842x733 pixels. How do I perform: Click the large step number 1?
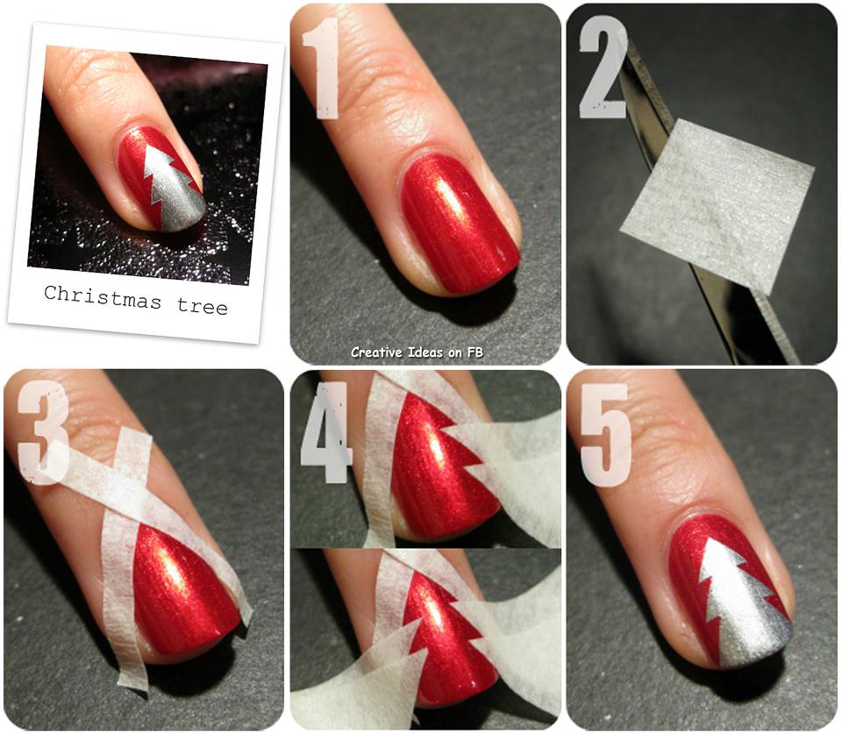pos(321,68)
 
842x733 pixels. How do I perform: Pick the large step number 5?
pos(604,435)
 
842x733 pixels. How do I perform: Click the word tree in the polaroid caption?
pos(202,306)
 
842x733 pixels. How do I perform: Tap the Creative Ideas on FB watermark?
pos(417,352)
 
